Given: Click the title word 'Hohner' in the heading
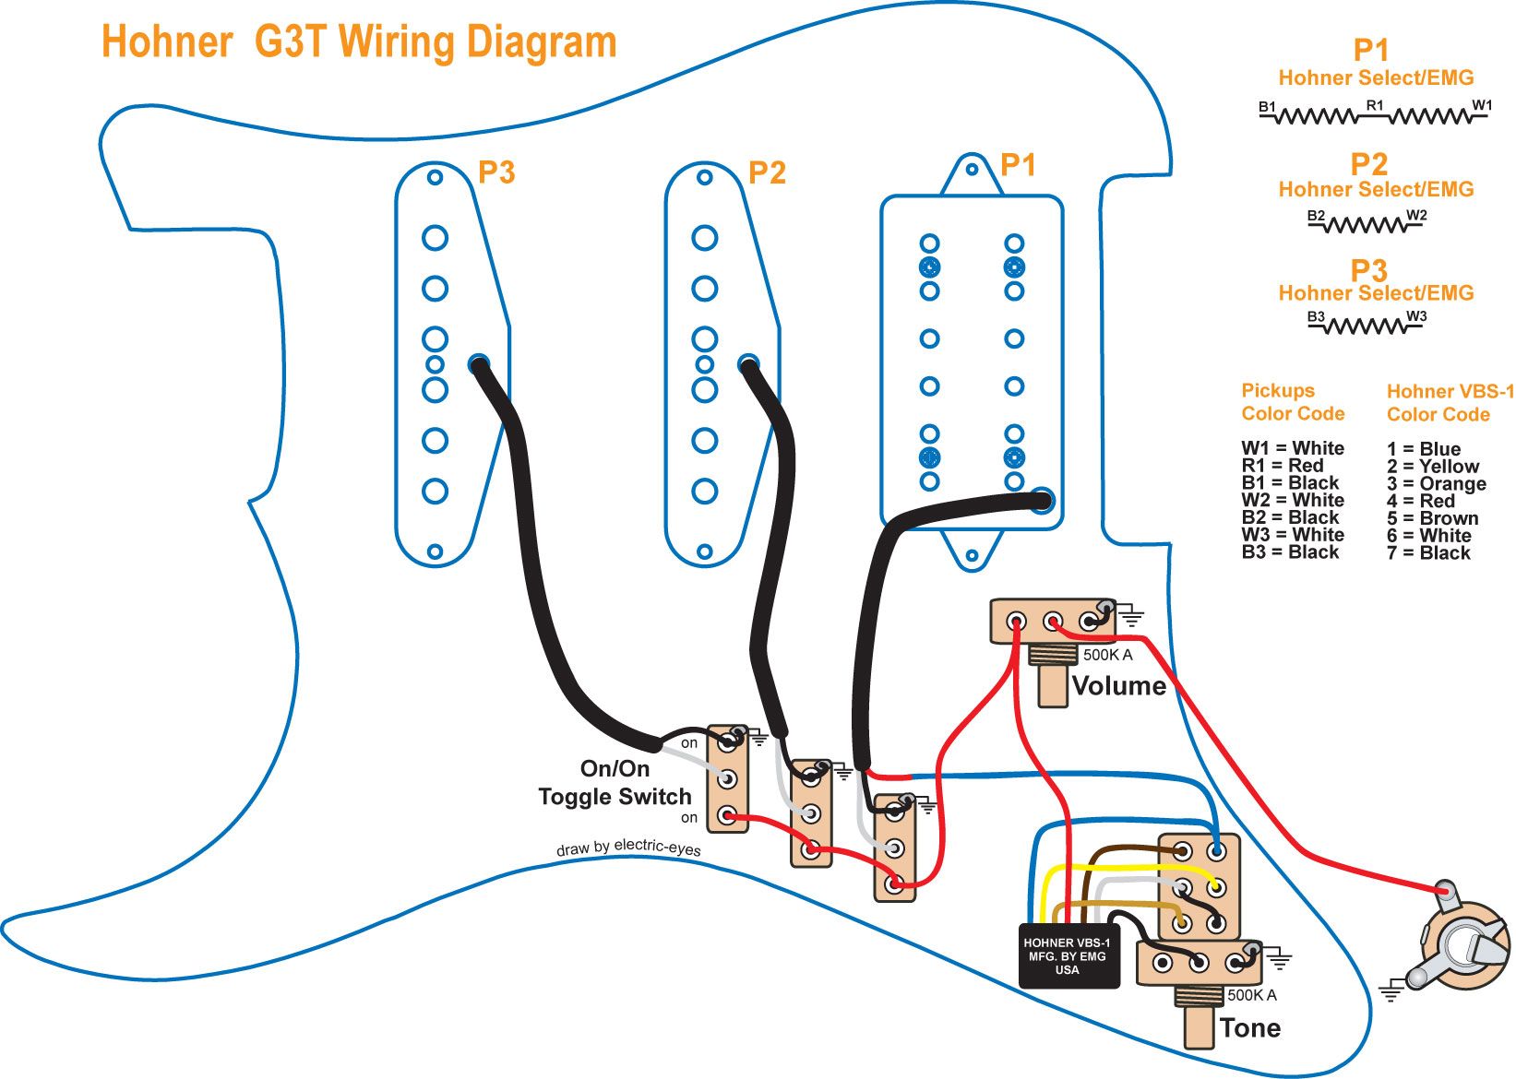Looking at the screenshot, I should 166,42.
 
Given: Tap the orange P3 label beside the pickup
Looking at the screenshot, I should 496,172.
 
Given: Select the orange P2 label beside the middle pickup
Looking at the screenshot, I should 767,172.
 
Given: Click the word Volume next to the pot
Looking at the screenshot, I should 1118,686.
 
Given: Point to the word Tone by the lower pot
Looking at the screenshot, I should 1249,1028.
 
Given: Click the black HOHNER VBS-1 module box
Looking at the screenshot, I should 1068,956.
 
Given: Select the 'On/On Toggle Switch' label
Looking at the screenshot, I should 615,783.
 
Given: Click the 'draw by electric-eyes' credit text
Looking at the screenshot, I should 627,848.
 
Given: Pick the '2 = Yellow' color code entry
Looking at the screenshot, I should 1432,467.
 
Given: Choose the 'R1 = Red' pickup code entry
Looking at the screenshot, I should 1282,466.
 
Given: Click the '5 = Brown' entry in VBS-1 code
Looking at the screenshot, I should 1432,518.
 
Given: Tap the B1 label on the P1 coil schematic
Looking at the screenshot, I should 1267,108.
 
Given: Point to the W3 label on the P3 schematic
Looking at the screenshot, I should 1416,316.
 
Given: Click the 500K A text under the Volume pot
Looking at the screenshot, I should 1107,655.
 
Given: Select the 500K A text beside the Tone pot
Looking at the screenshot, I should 1252,995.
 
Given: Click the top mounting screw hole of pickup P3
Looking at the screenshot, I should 435,177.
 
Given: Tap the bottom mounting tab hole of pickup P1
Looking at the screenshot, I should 971,556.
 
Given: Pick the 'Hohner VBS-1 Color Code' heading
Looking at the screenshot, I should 1450,403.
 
